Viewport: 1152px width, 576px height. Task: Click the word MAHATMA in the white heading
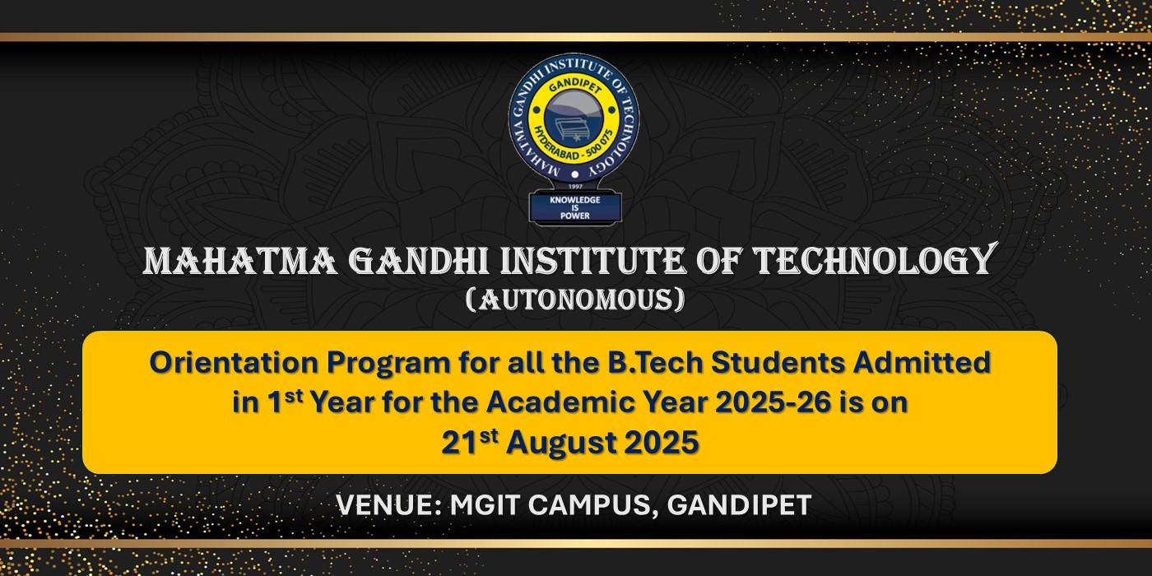point(240,261)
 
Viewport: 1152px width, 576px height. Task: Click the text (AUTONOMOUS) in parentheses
point(575,300)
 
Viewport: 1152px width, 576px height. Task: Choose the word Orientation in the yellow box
point(235,363)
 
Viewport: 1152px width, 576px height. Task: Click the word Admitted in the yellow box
point(922,363)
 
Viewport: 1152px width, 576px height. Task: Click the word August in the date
point(564,444)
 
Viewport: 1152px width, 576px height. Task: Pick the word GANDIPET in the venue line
point(740,505)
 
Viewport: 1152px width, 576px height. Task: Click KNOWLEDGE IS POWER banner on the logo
point(575,207)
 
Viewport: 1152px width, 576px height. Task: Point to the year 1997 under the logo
point(574,187)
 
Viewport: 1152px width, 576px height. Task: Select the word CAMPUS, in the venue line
point(593,506)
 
